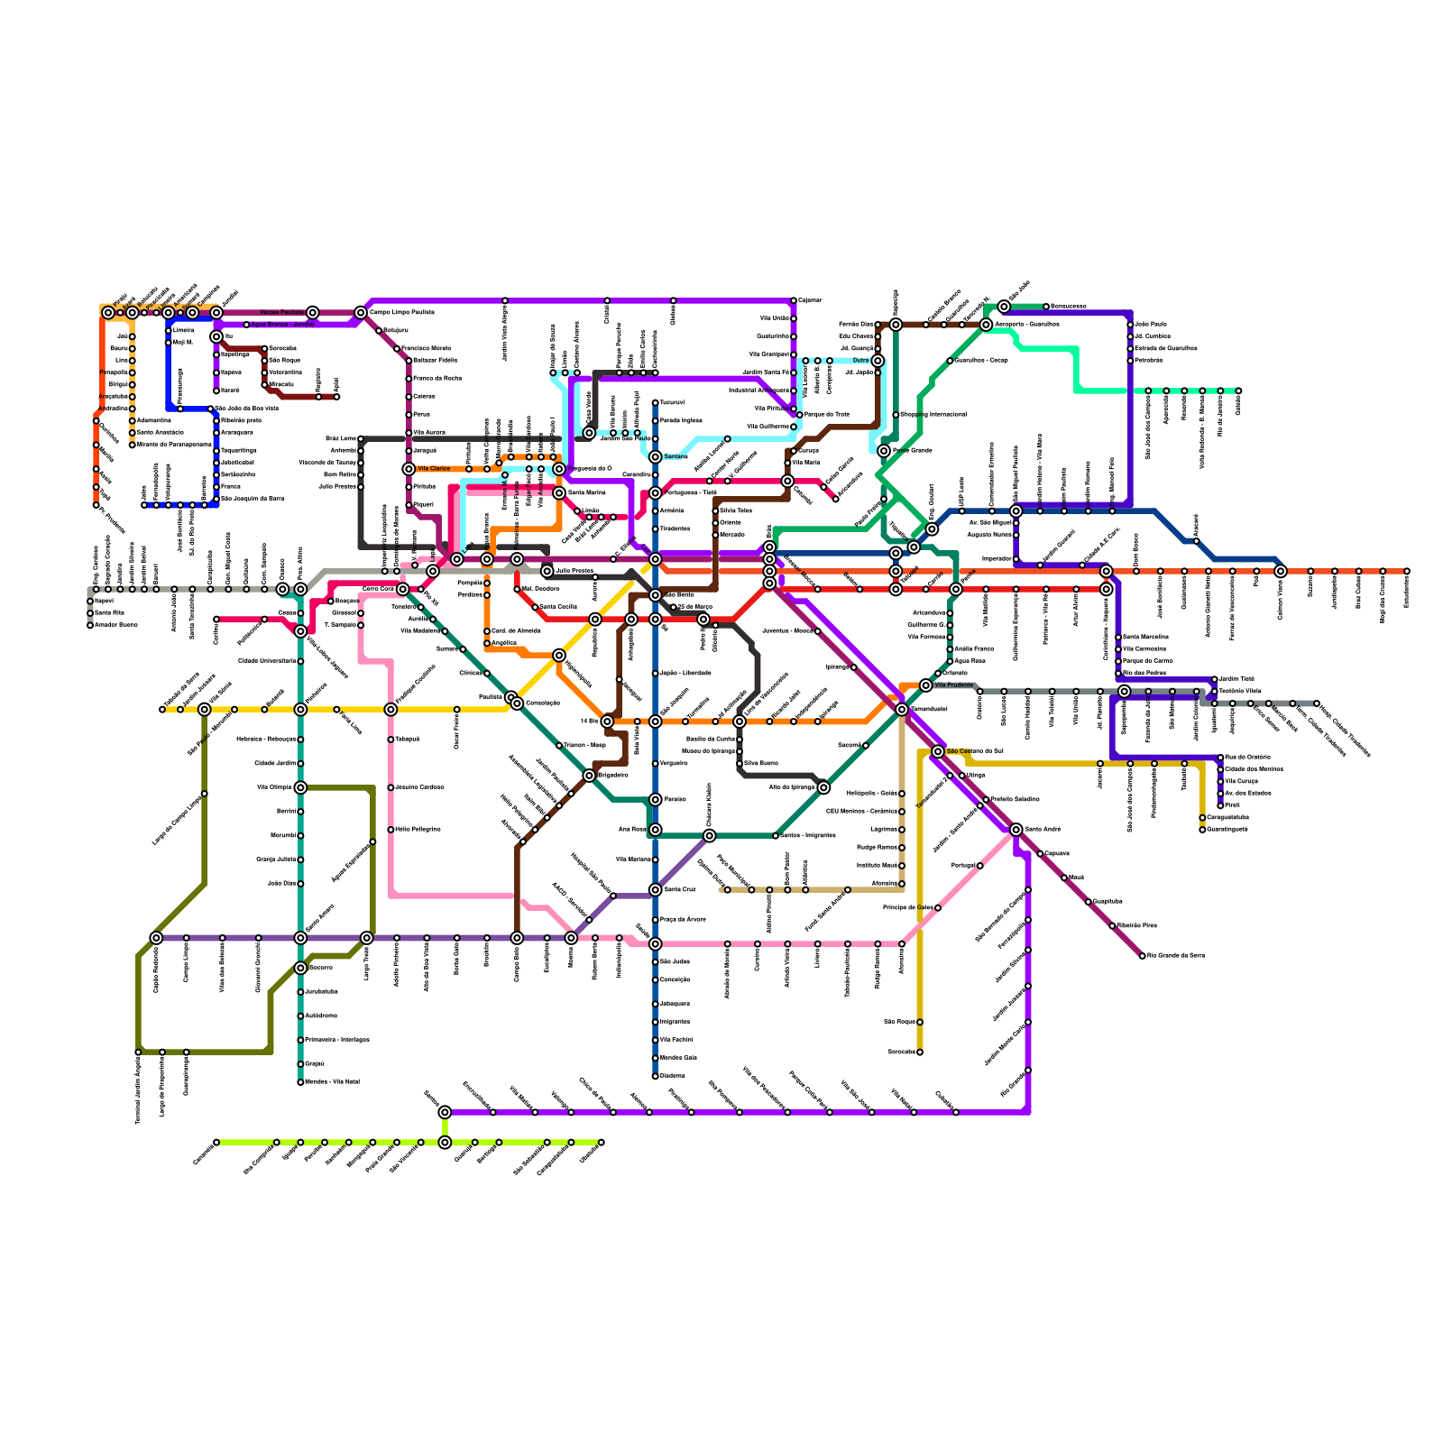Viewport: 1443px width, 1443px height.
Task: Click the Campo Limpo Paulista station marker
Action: tap(361, 313)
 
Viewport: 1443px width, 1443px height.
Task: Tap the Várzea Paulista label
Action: tap(281, 313)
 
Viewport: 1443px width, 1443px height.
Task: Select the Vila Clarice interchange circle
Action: tap(409, 469)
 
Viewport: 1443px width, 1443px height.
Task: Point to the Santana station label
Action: tap(676, 457)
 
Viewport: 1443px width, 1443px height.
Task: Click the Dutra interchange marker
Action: tap(878, 361)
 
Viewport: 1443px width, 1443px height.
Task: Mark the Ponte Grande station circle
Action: tap(884, 451)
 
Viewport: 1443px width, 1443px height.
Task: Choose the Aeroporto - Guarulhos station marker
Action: tap(987, 325)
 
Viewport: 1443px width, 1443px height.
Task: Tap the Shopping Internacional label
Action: tap(933, 415)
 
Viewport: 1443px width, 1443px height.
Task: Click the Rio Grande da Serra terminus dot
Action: tap(1142, 956)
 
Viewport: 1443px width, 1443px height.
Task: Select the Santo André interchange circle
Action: tap(1016, 830)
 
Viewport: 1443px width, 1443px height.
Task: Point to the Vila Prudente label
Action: tap(954, 685)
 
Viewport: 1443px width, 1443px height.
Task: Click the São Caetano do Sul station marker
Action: tap(938, 751)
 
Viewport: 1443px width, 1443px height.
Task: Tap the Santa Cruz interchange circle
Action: tap(656, 890)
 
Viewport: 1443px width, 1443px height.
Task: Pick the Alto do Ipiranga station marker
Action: tap(823, 787)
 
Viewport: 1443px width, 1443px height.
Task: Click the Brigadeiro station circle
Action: tap(589, 776)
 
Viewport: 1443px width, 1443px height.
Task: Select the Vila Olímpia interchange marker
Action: tap(300, 787)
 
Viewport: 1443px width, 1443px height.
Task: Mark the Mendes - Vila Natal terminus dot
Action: tap(300, 1082)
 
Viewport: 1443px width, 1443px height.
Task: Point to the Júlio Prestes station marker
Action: tap(547, 571)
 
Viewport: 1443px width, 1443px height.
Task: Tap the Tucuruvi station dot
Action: tap(656, 403)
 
